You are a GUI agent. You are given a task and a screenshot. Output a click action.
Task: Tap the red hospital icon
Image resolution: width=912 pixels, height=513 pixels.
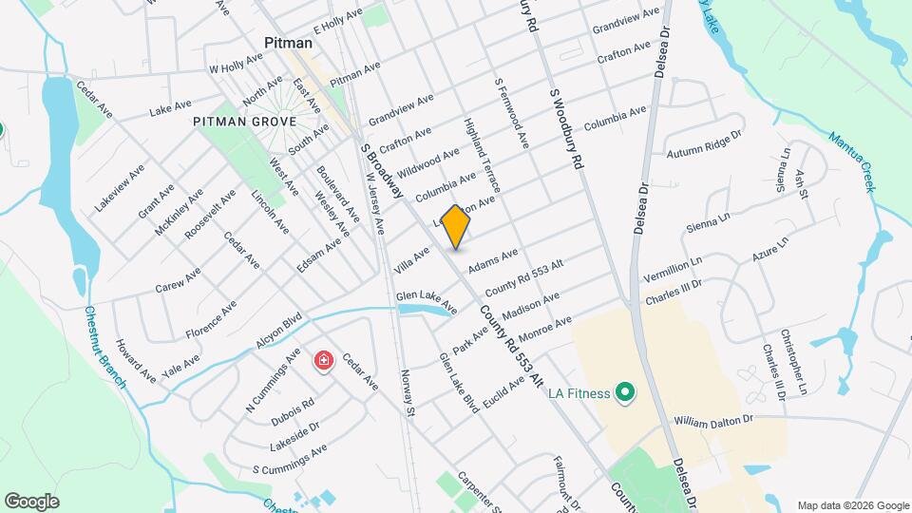click(324, 361)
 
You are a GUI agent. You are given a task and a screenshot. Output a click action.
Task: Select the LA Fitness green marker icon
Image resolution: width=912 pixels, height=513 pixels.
click(624, 390)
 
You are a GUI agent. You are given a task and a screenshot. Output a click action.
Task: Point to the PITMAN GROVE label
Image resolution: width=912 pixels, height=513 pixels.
click(244, 122)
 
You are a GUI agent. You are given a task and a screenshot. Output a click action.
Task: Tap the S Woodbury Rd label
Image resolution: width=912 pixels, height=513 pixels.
click(564, 129)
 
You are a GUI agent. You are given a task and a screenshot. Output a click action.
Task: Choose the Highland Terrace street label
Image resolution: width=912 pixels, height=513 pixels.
click(479, 151)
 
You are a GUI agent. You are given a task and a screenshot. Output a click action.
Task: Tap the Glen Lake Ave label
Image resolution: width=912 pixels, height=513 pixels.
click(427, 304)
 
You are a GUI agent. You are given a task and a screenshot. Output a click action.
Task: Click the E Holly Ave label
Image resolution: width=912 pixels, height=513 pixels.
click(339, 21)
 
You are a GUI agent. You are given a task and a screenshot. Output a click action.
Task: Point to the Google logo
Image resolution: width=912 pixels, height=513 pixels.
click(31, 501)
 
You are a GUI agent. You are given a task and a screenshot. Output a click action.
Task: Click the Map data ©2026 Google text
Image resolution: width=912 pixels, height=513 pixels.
click(852, 505)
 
